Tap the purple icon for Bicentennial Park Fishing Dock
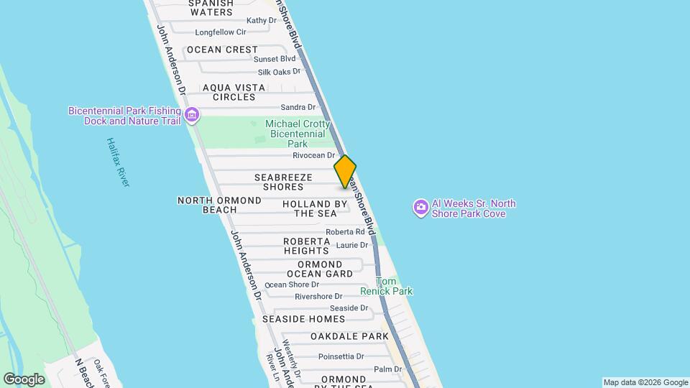click(192, 115)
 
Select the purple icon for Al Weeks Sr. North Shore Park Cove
click(420, 208)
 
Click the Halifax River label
click(118, 162)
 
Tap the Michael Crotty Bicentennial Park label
click(298, 134)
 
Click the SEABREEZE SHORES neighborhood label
click(282, 182)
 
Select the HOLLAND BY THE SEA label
click(315, 208)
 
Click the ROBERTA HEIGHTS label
click(305, 246)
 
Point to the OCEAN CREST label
click(221, 50)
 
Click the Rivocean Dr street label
click(314, 155)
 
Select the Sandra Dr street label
click(298, 107)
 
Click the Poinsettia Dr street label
click(341, 356)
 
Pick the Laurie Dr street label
click(352, 245)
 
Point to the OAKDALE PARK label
click(349, 336)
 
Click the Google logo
click(24, 379)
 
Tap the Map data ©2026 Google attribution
click(645, 382)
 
